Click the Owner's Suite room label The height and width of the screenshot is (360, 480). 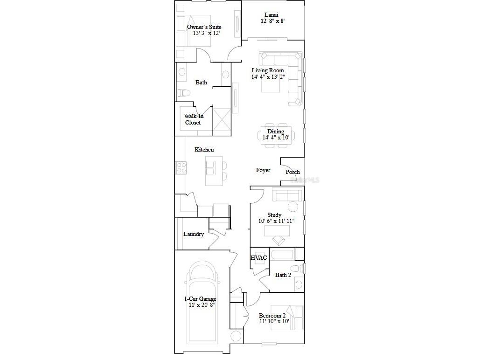(204, 27)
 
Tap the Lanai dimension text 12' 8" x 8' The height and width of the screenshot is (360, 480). (272, 21)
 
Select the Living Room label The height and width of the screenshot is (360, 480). (267, 70)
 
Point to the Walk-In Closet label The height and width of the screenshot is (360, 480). (193, 119)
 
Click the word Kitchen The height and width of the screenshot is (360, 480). (204, 150)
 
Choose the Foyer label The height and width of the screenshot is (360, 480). (263, 171)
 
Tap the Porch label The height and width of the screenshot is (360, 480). (293, 172)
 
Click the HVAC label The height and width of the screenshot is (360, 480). (259, 257)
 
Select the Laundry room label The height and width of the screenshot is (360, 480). (193, 234)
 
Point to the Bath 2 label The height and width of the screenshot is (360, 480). (283, 275)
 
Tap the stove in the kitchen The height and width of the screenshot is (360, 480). (181, 168)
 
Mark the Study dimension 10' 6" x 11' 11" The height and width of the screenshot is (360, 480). (277, 221)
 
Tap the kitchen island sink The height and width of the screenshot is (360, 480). (210, 168)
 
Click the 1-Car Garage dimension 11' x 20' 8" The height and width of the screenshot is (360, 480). (199, 305)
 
